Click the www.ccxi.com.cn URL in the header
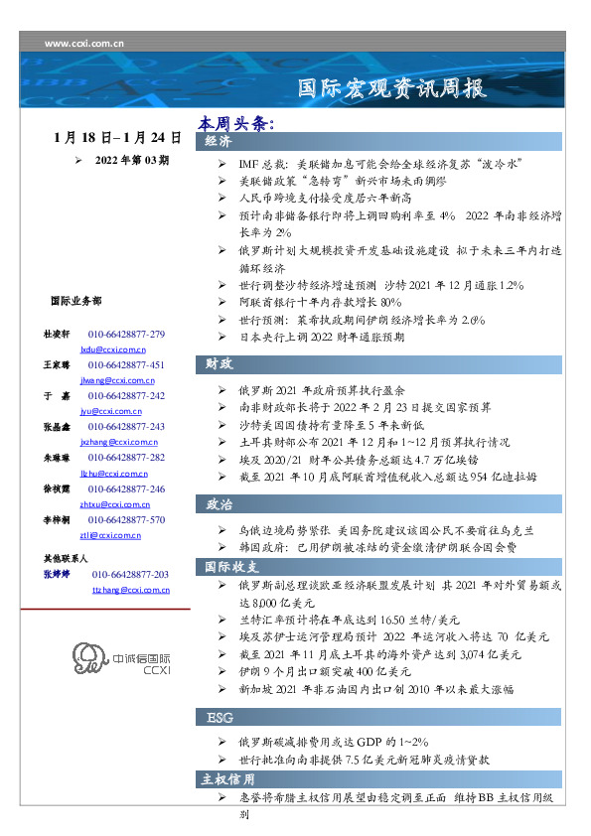pos(84,44)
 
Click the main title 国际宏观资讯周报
pos(393,88)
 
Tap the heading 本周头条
pos(234,124)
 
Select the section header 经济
pos(219,142)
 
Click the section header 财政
pos(219,363)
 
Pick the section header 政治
pos(219,504)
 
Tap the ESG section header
pos(219,716)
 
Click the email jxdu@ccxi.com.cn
pos(112,350)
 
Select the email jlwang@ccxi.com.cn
pos(113,380)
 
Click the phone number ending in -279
pos(126,335)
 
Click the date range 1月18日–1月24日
pos(117,138)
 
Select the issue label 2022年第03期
pos(131,159)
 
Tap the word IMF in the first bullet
pos(249,161)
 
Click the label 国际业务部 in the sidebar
pos(74,300)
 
